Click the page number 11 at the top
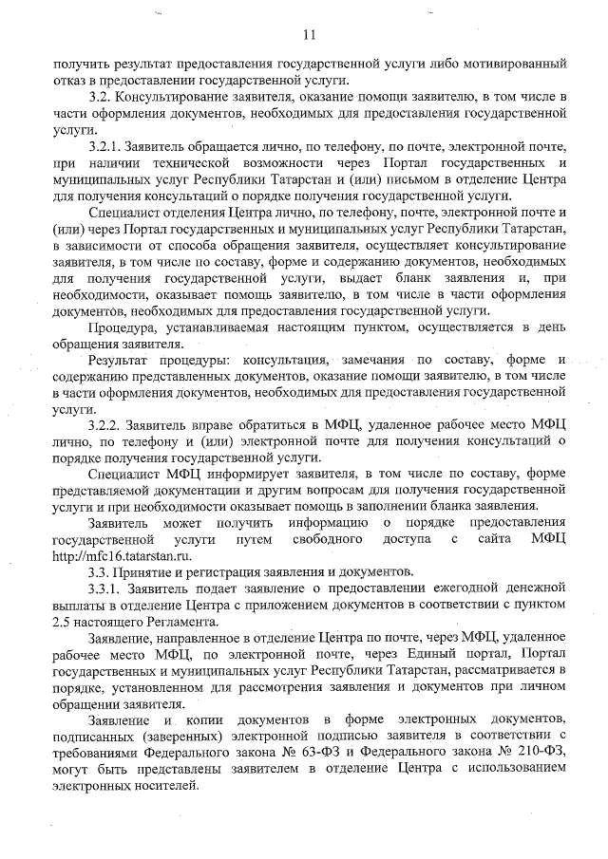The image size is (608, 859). (308, 36)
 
